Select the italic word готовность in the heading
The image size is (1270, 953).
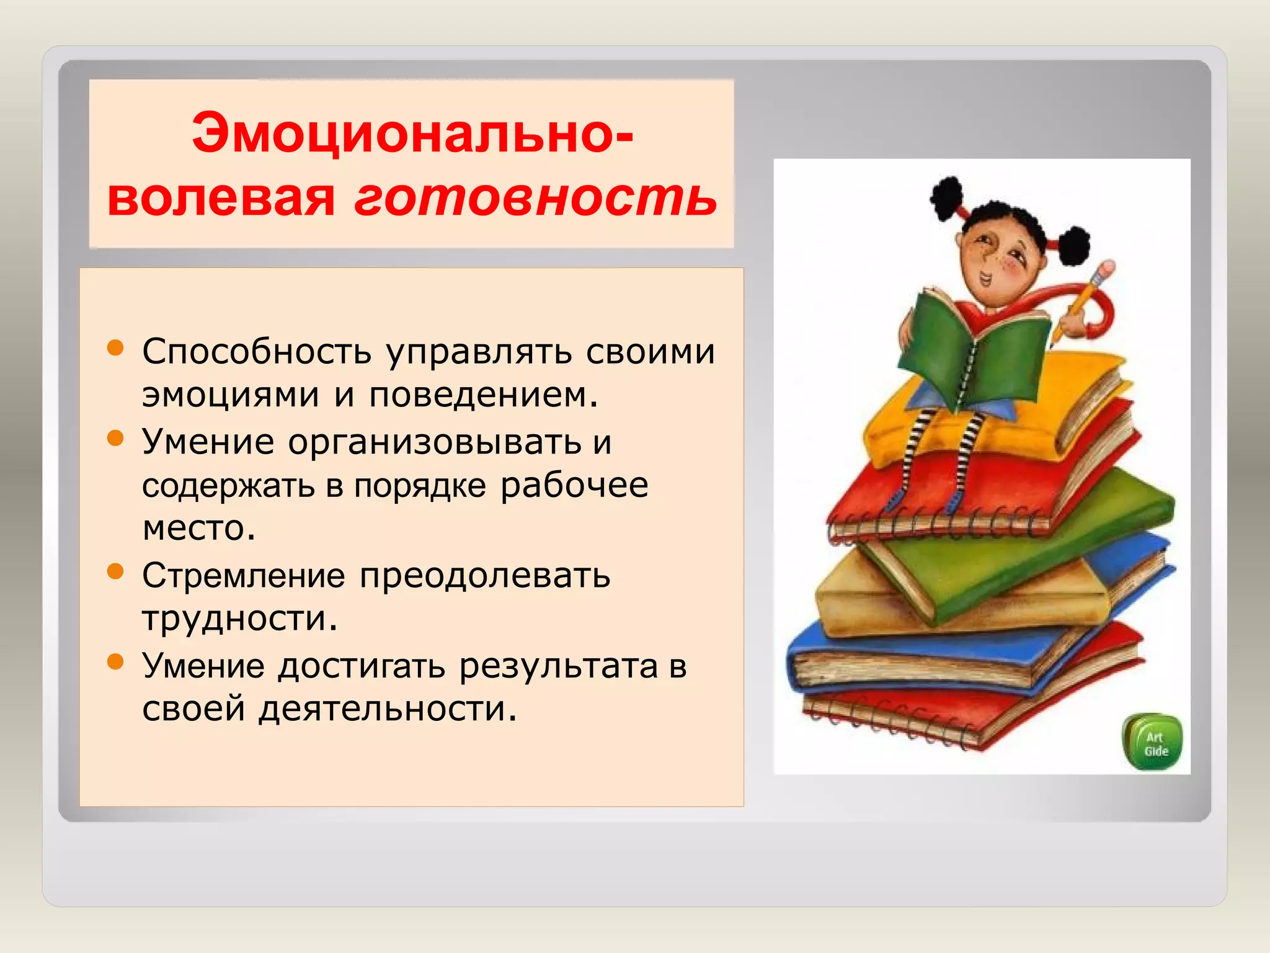535,199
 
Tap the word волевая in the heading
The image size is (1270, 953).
221,199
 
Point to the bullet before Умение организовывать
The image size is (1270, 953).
115,438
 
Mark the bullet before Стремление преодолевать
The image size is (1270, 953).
115,571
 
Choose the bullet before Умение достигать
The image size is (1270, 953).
115,661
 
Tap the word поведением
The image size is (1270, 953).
484,395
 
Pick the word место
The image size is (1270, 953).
198,529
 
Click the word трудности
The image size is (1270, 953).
240,619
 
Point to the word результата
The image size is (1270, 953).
558,666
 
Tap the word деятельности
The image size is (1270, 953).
388,709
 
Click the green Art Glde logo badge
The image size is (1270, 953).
1154,743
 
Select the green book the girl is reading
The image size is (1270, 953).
974,354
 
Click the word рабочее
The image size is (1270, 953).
574,485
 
